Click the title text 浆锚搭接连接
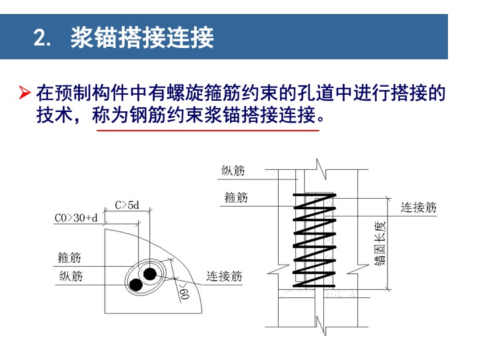coord(142,37)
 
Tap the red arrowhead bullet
coord(25,93)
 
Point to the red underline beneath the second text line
coord(208,131)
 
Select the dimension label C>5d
coord(127,205)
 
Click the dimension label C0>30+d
coord(76,218)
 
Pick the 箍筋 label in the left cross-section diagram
coord(69,257)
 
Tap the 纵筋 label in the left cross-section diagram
coord(71,276)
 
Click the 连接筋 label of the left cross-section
coord(224,276)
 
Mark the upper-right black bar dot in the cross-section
coord(150,274)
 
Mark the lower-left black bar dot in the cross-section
coord(135,285)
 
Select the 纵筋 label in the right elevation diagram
coord(233,170)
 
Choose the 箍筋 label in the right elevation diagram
coord(236,197)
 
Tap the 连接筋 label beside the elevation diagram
coord(419,207)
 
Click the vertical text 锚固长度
coord(379,243)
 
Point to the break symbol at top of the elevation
coord(321,169)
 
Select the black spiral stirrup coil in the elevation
coord(315,240)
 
